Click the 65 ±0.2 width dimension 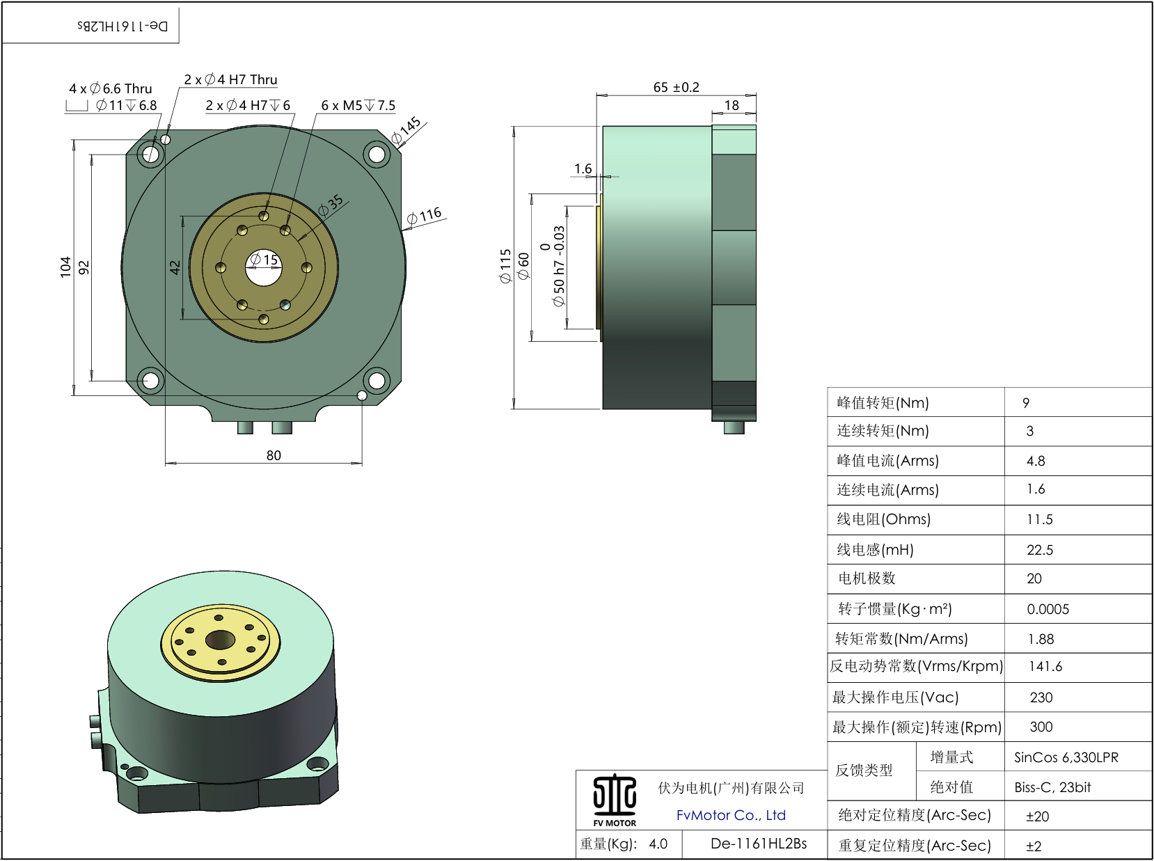point(676,88)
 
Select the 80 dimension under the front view point(274,455)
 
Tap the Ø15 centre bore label point(264,260)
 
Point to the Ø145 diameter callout point(407,130)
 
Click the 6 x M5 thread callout point(358,106)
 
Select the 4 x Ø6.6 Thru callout point(110,88)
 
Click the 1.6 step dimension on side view point(583,168)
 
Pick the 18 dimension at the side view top point(732,106)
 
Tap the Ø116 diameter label point(424,216)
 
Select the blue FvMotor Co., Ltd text point(731,815)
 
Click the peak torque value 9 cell point(1026,403)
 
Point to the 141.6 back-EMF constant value point(1045,667)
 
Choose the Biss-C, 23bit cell point(1052,787)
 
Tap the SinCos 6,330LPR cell point(1066,757)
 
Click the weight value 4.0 point(658,844)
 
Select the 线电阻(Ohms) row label point(883,519)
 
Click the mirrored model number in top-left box point(122,26)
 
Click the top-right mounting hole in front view point(377,153)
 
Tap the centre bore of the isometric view point(221,638)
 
